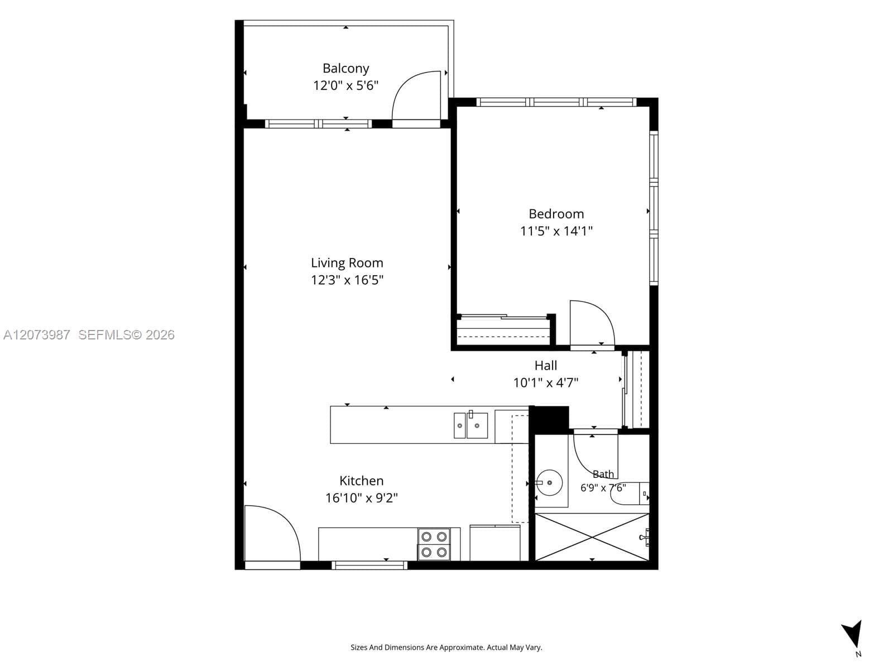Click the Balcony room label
(345, 69)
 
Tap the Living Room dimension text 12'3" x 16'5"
(347, 280)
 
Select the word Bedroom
(556, 214)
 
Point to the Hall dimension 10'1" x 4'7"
(545, 383)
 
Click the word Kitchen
(361, 480)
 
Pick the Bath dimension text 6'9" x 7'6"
(603, 488)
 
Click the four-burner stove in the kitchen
(434, 544)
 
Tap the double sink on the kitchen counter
(470, 425)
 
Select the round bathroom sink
(549, 482)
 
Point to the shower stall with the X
(592, 537)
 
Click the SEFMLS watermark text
(126, 335)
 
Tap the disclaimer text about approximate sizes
(446, 647)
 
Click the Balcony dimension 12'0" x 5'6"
(346, 86)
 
